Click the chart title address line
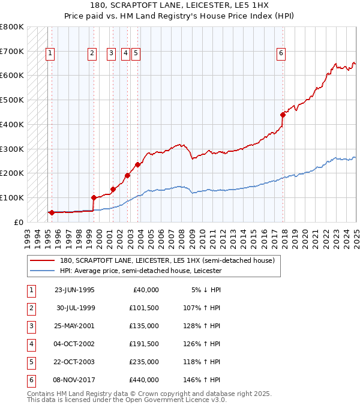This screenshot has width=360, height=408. click(x=180, y=5)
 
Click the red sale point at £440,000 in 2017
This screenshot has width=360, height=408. click(x=283, y=114)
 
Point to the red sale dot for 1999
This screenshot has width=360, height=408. click(x=94, y=197)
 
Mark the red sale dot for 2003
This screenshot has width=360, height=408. click(x=137, y=164)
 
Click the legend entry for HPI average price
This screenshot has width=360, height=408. click(x=140, y=271)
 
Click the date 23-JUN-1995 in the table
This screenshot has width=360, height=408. click(x=74, y=290)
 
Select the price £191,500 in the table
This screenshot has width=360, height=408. click(x=143, y=344)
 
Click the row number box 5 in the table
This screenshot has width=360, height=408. click(x=30, y=362)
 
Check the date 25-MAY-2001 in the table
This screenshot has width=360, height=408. click(x=74, y=326)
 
